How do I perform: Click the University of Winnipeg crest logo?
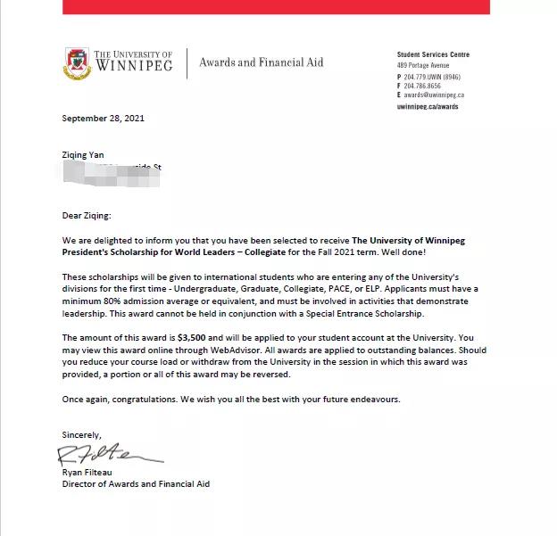(78, 62)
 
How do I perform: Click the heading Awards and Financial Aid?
(261, 62)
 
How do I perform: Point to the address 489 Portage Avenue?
(425, 65)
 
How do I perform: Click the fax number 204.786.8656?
(428, 87)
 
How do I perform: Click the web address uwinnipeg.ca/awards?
(427, 106)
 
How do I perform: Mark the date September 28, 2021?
(103, 118)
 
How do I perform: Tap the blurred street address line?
(112, 168)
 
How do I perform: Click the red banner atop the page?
(278, 6)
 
